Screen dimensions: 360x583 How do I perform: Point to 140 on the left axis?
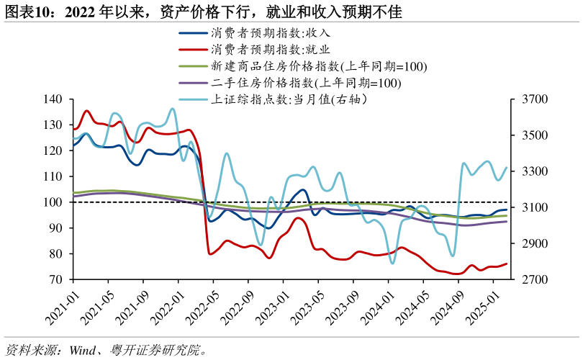(x=53, y=99)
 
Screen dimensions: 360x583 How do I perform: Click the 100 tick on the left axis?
(x=53, y=202)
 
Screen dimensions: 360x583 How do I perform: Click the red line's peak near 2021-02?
(x=86, y=111)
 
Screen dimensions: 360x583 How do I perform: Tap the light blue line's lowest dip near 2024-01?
(x=392, y=263)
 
